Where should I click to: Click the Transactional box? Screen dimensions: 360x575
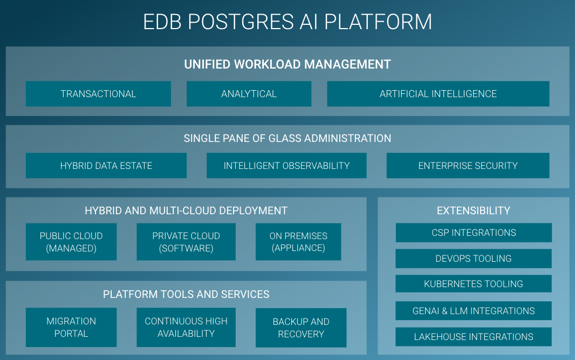[x=98, y=94]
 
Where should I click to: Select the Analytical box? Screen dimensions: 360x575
[x=249, y=94]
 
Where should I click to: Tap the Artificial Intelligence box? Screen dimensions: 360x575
[x=438, y=94]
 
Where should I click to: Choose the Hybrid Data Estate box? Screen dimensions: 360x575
[x=106, y=166]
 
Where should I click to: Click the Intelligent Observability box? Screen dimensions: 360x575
[x=286, y=166]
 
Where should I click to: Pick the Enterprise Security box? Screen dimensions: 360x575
[x=468, y=166]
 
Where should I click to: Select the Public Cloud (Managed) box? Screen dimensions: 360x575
[x=71, y=242]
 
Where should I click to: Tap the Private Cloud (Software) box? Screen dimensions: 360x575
[x=186, y=242]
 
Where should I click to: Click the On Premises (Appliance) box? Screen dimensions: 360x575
[x=298, y=242]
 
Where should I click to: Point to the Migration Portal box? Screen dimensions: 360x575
[x=71, y=327]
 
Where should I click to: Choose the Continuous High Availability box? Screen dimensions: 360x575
[x=186, y=327]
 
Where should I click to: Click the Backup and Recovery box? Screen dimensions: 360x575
[x=301, y=328]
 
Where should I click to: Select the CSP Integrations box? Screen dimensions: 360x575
[x=474, y=233]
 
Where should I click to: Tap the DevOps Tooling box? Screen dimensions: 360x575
[x=474, y=259]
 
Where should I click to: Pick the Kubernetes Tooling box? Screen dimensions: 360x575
[x=474, y=284]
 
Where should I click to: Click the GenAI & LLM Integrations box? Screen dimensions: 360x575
[x=474, y=311]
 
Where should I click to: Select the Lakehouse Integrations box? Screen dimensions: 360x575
[x=474, y=337]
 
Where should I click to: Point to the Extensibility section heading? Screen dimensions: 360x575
[x=474, y=210]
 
